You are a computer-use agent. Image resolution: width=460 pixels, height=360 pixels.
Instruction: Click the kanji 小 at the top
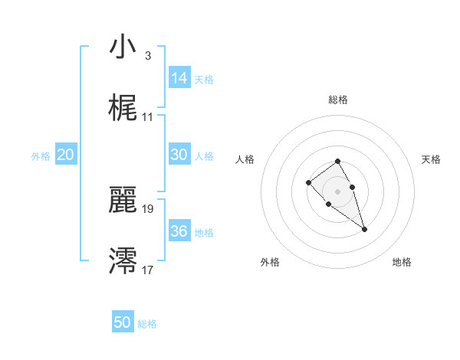(122, 47)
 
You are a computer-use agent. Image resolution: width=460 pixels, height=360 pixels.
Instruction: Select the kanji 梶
(122, 109)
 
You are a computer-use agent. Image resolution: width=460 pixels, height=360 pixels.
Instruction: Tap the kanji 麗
(122, 199)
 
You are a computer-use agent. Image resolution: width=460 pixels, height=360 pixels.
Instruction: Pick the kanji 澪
(122, 260)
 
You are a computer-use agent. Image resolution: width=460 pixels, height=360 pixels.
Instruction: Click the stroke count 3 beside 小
(147, 56)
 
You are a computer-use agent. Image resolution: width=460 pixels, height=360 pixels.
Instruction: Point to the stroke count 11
(147, 117)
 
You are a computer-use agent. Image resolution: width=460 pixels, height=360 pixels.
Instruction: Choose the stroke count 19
(148, 208)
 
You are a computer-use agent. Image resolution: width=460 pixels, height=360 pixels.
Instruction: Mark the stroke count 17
(148, 269)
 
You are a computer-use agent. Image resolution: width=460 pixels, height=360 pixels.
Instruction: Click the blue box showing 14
(179, 77)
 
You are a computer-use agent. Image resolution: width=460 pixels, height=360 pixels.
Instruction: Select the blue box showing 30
(179, 154)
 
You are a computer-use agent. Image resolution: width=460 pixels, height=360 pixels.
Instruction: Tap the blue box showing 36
(179, 231)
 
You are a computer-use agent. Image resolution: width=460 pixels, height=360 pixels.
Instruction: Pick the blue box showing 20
(66, 155)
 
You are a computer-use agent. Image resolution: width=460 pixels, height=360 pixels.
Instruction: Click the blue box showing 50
(123, 322)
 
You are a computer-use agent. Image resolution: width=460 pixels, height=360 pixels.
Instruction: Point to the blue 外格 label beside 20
(41, 156)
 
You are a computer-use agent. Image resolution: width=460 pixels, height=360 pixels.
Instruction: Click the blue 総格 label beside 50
(147, 325)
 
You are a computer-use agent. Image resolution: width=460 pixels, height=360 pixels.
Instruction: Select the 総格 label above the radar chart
(338, 100)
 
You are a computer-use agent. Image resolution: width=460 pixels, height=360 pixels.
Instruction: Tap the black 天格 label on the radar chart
(431, 159)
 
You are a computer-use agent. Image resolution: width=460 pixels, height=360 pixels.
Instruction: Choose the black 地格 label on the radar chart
(402, 263)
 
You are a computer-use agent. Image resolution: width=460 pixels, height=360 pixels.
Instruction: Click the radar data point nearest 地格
(364, 229)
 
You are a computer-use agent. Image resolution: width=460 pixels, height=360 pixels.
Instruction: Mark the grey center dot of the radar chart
(338, 191)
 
